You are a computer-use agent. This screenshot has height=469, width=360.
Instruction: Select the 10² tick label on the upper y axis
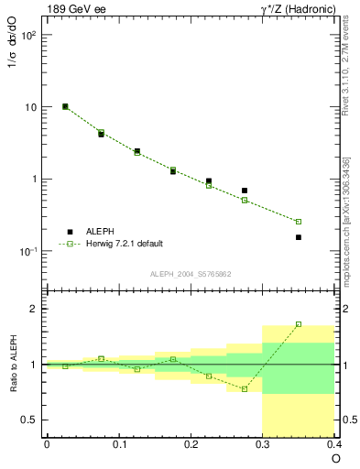(27, 35)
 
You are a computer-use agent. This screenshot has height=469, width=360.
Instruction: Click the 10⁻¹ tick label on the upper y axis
(27, 251)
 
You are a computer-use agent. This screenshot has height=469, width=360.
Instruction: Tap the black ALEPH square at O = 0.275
(245, 191)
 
